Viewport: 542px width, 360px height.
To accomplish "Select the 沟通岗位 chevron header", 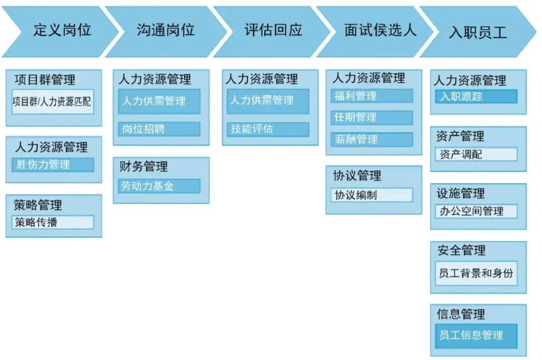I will (x=165, y=31).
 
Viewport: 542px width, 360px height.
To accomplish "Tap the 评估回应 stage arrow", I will (x=273, y=31).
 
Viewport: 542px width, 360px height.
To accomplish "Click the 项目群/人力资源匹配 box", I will (x=53, y=102).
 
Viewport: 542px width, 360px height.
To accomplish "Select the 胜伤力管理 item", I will (x=53, y=164).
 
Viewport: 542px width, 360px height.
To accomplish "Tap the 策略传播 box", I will (x=53, y=222).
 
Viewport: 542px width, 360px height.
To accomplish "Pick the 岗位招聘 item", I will (x=159, y=129).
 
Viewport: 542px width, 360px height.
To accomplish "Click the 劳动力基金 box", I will (x=159, y=186).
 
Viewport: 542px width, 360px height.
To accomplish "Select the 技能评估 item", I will (x=268, y=129).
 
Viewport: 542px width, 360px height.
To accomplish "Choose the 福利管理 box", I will (x=372, y=96).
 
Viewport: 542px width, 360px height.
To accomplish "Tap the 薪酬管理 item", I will (x=372, y=139).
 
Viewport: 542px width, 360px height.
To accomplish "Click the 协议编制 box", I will (x=372, y=195).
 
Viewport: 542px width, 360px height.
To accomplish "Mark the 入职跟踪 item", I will (x=476, y=96).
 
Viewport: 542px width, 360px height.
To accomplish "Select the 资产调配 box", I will (x=476, y=154).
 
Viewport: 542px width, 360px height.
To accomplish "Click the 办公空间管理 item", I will (x=476, y=211).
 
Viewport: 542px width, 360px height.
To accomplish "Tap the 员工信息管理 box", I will (x=476, y=335).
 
